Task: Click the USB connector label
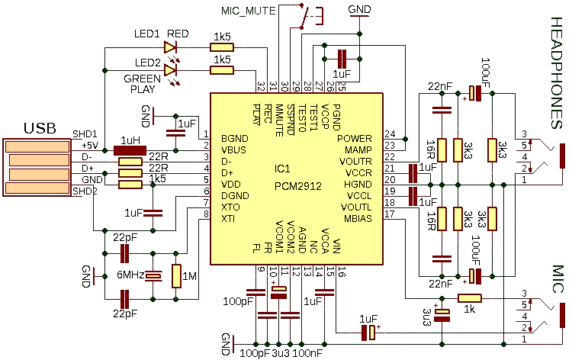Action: click(x=40, y=127)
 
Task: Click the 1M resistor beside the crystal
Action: click(x=177, y=275)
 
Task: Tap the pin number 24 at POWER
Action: click(x=390, y=133)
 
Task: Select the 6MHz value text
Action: click(x=129, y=276)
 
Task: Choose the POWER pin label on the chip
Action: click(x=354, y=139)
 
